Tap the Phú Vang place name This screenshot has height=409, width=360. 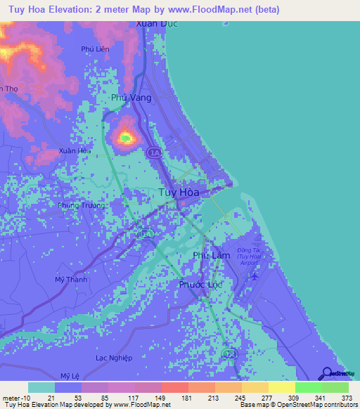click(131, 98)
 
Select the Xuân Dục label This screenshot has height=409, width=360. click(155, 23)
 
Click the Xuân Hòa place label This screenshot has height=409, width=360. click(75, 150)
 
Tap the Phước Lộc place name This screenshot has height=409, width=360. click(202, 285)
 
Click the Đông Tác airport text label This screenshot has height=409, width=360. click(252, 254)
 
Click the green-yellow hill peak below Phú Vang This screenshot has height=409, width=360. click(125, 138)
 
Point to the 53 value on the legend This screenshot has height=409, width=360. click(68, 398)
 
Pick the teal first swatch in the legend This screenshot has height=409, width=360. click(41, 387)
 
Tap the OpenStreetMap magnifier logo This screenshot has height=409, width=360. click(327, 373)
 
